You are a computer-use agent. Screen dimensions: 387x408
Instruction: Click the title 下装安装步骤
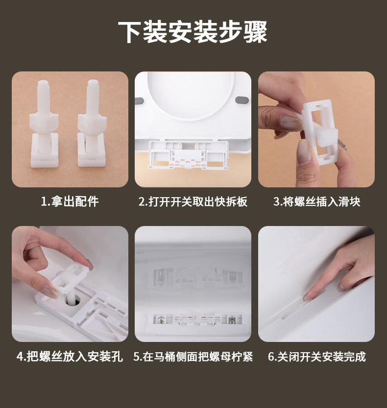click(x=193, y=32)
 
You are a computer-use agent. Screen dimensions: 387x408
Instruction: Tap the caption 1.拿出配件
click(x=70, y=202)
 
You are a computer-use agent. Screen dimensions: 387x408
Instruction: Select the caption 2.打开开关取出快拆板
click(x=193, y=202)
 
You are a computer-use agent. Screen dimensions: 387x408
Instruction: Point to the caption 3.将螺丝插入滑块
click(x=316, y=202)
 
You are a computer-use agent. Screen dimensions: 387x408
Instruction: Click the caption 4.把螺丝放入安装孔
click(x=70, y=356)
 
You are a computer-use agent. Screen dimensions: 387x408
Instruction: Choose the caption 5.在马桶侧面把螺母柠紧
click(x=193, y=356)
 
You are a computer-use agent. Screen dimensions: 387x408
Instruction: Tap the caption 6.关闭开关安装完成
click(x=316, y=356)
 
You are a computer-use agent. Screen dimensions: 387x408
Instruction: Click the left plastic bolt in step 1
click(x=44, y=124)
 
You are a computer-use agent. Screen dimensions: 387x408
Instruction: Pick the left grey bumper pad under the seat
click(x=140, y=100)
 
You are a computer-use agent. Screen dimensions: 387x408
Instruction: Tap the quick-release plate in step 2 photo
click(x=189, y=155)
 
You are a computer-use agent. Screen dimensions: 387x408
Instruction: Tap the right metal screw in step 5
click(x=231, y=321)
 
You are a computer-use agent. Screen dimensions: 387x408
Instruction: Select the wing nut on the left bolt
click(x=44, y=122)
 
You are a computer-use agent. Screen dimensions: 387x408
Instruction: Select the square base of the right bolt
click(x=92, y=150)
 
